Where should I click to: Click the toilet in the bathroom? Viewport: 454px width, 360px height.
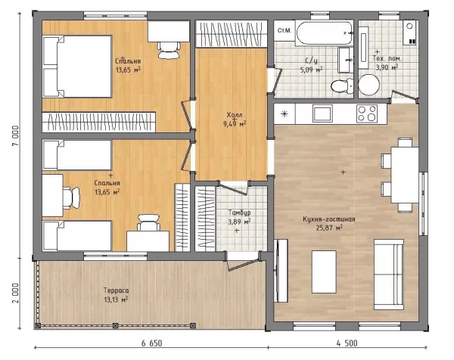pyautogui.click(x=342, y=85)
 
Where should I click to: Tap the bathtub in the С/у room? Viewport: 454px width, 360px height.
pyautogui.click(x=325, y=33)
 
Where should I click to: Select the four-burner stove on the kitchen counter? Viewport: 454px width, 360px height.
pyautogui.click(x=367, y=113)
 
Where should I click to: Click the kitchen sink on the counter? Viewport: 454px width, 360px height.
pyautogui.click(x=322, y=113)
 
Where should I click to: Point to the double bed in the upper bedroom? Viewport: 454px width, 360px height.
pyautogui.click(x=77, y=67)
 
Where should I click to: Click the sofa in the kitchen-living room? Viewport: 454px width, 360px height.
pyautogui.click(x=389, y=275)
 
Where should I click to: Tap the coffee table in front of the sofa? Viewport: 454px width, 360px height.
pyautogui.click(x=324, y=272)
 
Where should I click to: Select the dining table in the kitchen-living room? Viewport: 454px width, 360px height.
pyautogui.click(x=405, y=175)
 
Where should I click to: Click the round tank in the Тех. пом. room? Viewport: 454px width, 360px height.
pyautogui.click(x=369, y=85)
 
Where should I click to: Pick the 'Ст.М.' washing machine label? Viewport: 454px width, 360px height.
pyautogui.click(x=285, y=30)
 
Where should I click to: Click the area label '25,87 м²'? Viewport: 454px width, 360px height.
pyautogui.click(x=329, y=228)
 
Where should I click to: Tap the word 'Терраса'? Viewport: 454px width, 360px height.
pyautogui.click(x=116, y=290)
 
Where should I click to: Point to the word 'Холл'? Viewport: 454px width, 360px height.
pyautogui.click(x=235, y=115)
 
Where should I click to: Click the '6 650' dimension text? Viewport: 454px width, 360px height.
pyautogui.click(x=152, y=343)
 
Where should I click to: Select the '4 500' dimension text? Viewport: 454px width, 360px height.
pyautogui.click(x=347, y=343)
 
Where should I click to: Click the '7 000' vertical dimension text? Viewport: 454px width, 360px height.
pyautogui.click(x=15, y=135)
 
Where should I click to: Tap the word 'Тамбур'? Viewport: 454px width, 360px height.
pyautogui.click(x=239, y=213)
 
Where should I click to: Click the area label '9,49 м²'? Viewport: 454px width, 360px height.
pyautogui.click(x=235, y=124)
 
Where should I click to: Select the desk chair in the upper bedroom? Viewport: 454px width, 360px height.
pyautogui.click(x=169, y=50)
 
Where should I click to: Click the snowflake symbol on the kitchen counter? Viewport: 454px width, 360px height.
pyautogui.click(x=285, y=113)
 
